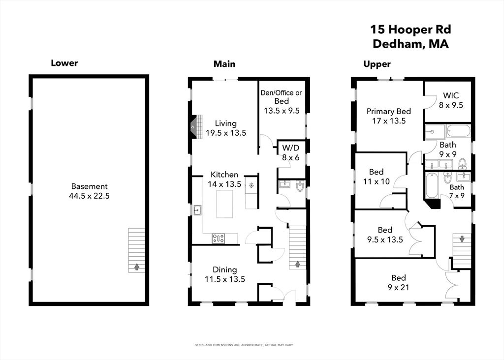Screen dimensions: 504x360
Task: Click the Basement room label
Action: (x=90, y=191)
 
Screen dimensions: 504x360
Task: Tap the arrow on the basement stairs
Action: (x=137, y=266)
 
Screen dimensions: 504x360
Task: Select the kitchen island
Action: (x=224, y=204)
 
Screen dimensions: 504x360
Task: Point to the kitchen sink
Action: (x=197, y=210)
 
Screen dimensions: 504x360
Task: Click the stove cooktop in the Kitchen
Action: (x=218, y=239)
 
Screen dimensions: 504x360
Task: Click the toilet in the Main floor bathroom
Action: (x=300, y=185)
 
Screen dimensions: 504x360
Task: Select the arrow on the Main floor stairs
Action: (x=298, y=264)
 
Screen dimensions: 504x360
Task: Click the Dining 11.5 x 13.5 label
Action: (x=225, y=274)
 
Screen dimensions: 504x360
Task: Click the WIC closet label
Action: (x=451, y=95)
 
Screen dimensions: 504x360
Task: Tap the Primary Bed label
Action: (x=389, y=112)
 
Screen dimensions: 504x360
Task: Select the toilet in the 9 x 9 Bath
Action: (x=462, y=163)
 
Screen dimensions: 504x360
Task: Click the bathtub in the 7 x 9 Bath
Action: (x=431, y=185)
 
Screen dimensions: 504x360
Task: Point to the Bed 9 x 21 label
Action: (x=399, y=282)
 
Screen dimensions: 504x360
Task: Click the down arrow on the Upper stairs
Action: (x=462, y=239)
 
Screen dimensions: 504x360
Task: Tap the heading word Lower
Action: (x=64, y=63)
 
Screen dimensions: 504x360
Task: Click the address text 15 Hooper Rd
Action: (x=411, y=30)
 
